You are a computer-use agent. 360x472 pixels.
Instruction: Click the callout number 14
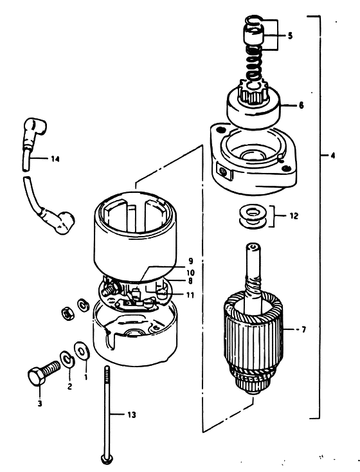click(55, 159)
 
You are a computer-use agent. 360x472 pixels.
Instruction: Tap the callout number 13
click(132, 415)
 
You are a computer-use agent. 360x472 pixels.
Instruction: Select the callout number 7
click(303, 330)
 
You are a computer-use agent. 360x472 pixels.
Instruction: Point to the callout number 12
click(294, 216)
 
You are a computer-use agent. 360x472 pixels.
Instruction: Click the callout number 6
click(301, 105)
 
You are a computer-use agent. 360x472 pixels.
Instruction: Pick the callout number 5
click(290, 35)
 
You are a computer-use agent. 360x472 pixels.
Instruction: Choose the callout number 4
click(332, 156)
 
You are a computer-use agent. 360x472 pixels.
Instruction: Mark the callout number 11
click(190, 295)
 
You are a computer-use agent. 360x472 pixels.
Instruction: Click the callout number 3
click(40, 404)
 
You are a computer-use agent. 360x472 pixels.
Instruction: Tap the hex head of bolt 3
click(36, 376)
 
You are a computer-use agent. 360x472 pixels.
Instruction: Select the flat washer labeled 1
click(82, 350)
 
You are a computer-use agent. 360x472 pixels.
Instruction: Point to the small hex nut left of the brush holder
click(69, 314)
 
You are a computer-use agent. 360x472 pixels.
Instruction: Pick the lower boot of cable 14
click(61, 221)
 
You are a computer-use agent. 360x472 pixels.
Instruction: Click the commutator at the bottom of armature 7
click(252, 380)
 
